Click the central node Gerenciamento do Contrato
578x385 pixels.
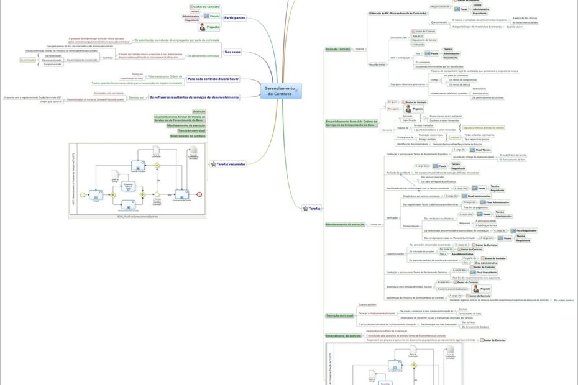click(x=280, y=91)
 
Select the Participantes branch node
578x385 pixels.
click(x=234, y=18)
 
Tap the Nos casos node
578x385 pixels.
click(x=232, y=52)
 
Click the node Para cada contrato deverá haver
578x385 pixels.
click(x=213, y=79)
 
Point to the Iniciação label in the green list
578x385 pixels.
click(x=199, y=111)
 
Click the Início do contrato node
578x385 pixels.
click(x=338, y=48)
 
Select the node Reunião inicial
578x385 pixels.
click(x=377, y=64)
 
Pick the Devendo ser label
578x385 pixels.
click(x=136, y=97)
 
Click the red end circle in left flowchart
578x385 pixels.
click(x=199, y=194)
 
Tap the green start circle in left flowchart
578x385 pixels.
click(x=82, y=194)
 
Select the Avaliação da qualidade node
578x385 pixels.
click(x=398, y=172)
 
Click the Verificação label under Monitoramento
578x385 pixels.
click(x=392, y=217)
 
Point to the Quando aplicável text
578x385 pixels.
click(x=368, y=304)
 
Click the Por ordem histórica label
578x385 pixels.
click(x=564, y=300)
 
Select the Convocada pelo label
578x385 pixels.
click(x=398, y=37)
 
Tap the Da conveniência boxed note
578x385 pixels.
click(x=27, y=60)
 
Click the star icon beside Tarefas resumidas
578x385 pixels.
click(x=212, y=164)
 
